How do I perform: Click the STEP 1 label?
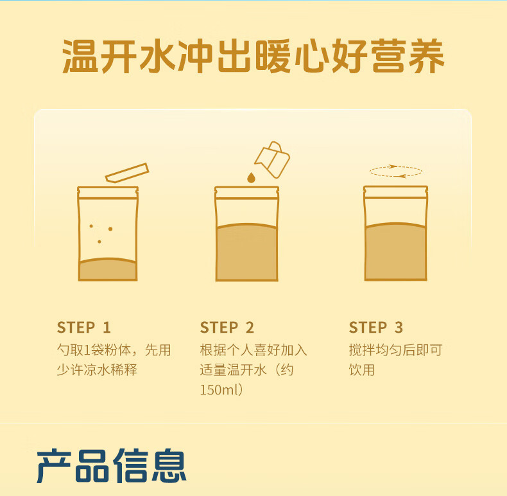pyautogui.click(x=84, y=327)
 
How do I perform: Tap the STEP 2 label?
pyautogui.click(x=227, y=327)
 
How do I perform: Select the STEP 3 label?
pyautogui.click(x=376, y=327)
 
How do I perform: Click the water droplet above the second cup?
pyautogui.click(x=251, y=177)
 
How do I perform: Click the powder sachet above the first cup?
pyautogui.click(x=127, y=173)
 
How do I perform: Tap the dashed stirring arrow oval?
pyautogui.click(x=396, y=172)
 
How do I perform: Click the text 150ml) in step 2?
pyautogui.click(x=221, y=389)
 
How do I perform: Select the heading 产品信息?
pyautogui.click(x=111, y=466)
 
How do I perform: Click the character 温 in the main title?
pyautogui.click(x=80, y=56)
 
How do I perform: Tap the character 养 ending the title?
pyautogui.click(x=427, y=56)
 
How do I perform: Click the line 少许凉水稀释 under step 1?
pyautogui.click(x=97, y=369)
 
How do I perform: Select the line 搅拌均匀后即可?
pyautogui.click(x=395, y=350)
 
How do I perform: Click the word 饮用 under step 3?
pyautogui.click(x=362, y=369)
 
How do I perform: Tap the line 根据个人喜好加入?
pyautogui.click(x=253, y=350)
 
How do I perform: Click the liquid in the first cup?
pyautogui.click(x=108, y=269)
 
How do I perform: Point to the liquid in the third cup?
pyautogui.click(x=395, y=252)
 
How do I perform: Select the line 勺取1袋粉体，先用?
pyautogui.click(x=114, y=350)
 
